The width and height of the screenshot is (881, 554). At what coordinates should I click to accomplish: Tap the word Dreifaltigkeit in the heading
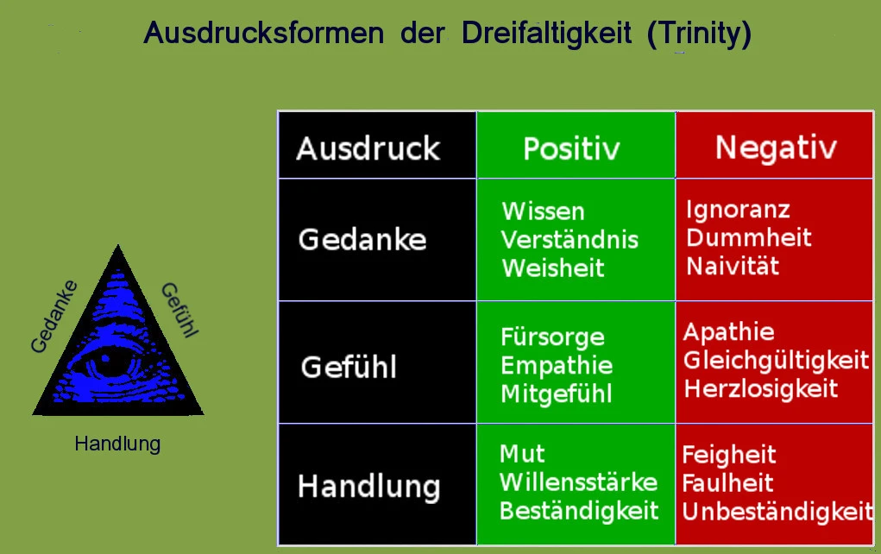coord(547,33)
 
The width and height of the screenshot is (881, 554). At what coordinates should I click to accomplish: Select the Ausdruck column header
coord(368,148)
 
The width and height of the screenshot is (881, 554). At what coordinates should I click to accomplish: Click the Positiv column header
coord(571,149)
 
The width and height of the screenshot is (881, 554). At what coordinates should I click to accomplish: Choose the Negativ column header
coord(776,148)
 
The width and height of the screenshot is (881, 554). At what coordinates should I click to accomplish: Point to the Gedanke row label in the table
coord(362,240)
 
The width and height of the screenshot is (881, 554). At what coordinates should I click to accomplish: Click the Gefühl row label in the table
coord(349,368)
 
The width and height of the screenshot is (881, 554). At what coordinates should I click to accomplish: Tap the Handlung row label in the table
coord(368,487)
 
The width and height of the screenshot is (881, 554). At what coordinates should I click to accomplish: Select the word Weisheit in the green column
coord(553,268)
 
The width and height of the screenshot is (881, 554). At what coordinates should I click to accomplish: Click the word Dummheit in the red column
coord(749,237)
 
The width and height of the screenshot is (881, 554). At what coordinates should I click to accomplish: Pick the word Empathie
coord(557,366)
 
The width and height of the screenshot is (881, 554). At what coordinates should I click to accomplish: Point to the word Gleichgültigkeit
coord(776,361)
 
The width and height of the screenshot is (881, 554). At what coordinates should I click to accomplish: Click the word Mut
coord(522,454)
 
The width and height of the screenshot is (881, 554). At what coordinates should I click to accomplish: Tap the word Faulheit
coord(727,483)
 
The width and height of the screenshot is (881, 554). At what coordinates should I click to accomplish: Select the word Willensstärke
coord(578,482)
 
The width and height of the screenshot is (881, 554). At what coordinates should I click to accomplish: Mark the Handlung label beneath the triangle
coord(117,444)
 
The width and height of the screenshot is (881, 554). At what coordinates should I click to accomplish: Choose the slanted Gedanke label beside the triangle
coord(53,317)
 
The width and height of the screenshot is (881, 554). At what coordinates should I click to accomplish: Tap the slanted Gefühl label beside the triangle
coord(180,310)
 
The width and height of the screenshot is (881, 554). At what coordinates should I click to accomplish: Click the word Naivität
coord(733,267)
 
